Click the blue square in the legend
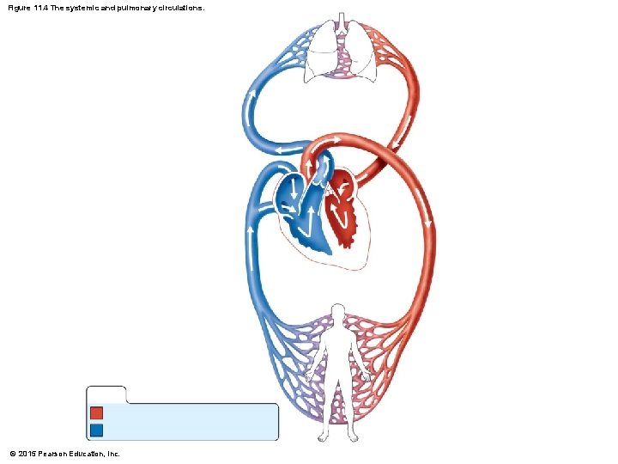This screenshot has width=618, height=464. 96,429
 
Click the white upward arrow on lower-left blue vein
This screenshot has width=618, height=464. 250,232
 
